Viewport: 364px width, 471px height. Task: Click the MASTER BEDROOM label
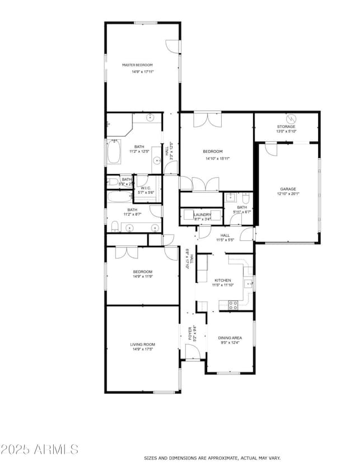(x=137, y=65)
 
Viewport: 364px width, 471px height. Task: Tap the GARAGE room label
(x=288, y=189)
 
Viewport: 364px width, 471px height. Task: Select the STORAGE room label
(x=286, y=127)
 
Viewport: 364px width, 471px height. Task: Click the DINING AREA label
(x=230, y=338)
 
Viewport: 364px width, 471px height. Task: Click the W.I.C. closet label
(x=145, y=188)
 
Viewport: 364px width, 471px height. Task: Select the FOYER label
(x=190, y=334)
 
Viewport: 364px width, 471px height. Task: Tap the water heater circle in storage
(x=291, y=118)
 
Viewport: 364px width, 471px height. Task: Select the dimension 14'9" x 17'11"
(x=137, y=72)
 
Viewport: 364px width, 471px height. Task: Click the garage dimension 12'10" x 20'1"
(x=288, y=195)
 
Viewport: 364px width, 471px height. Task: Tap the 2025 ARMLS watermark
(x=39, y=449)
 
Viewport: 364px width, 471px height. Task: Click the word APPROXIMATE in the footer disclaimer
(x=220, y=458)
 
